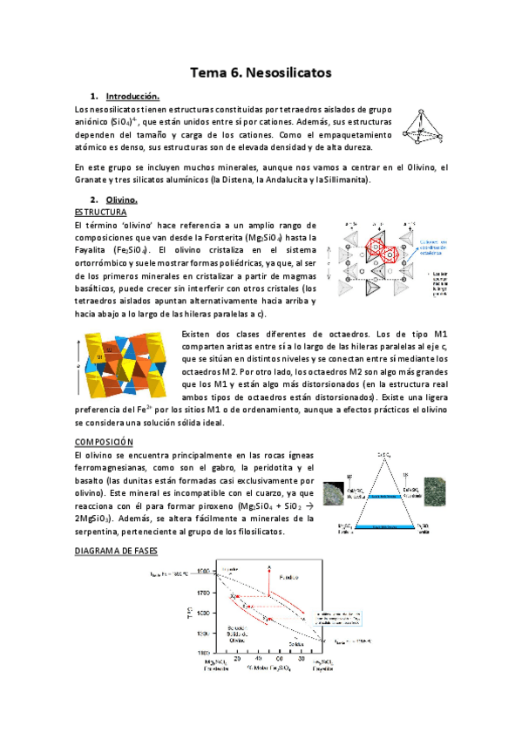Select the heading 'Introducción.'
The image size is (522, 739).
click(x=132, y=96)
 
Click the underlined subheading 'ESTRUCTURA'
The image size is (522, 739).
click(x=101, y=213)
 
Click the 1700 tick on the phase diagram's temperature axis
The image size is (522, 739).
click(x=204, y=593)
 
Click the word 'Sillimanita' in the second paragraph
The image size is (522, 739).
click(x=344, y=180)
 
